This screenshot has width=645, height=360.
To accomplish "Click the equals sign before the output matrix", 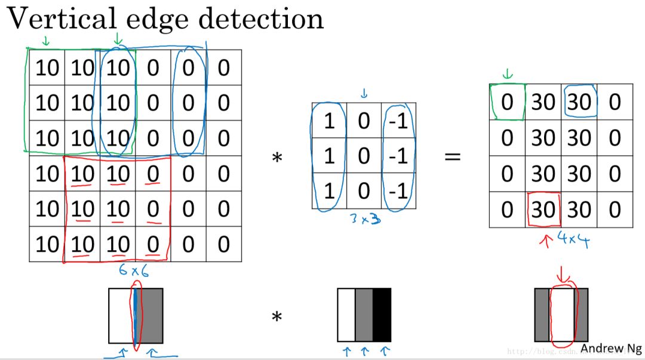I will point(453,158).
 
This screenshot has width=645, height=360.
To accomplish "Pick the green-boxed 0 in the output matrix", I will point(507,103).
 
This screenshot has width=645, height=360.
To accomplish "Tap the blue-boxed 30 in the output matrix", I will point(579,103).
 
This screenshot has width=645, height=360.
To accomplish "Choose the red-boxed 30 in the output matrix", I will point(543,210).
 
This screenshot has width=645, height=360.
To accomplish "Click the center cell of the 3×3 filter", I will point(364,156).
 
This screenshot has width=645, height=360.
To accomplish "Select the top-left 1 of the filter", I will point(328,121).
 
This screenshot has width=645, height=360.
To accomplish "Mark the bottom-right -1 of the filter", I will point(399,192).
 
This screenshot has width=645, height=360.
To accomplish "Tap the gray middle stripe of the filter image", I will point(364,315).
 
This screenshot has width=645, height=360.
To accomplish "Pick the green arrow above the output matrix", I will point(508,75).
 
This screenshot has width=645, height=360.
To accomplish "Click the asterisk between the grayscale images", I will point(277,316).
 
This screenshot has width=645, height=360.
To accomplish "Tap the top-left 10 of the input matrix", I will point(47,68).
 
